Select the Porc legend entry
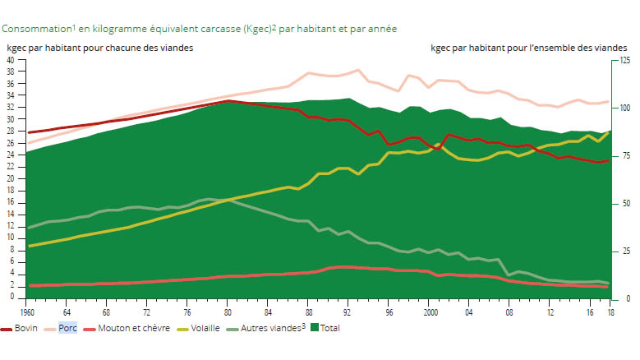[x=67, y=328]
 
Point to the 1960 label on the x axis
[x=28, y=313]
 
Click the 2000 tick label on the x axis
[x=427, y=313]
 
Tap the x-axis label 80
[x=228, y=313]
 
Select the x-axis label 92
[x=348, y=313]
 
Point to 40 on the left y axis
[x=10, y=60]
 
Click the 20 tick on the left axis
[x=10, y=178]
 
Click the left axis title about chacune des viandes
[x=100, y=48]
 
